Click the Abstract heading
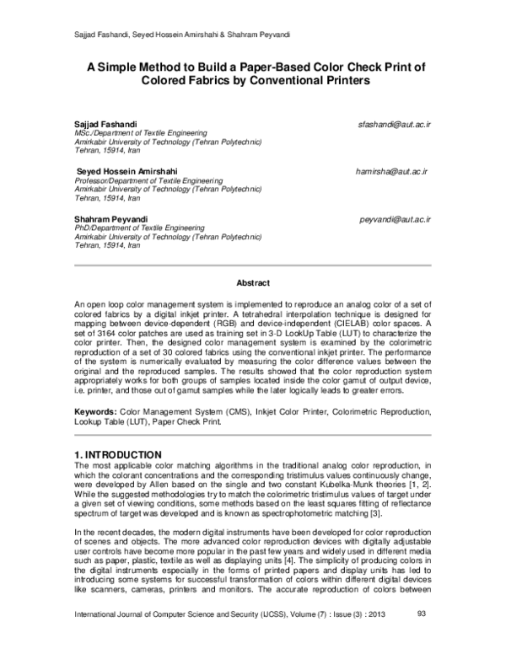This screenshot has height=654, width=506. click(x=252, y=283)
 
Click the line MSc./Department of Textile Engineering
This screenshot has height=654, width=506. click(x=141, y=133)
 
